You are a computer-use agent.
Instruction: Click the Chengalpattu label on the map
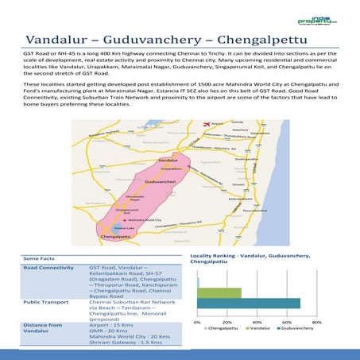point(115,237)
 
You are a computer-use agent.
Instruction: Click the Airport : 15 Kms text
point(111,325)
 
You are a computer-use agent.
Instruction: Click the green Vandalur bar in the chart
point(219,292)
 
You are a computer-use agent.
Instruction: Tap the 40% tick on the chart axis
point(256,322)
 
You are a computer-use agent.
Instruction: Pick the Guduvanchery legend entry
point(296,328)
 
